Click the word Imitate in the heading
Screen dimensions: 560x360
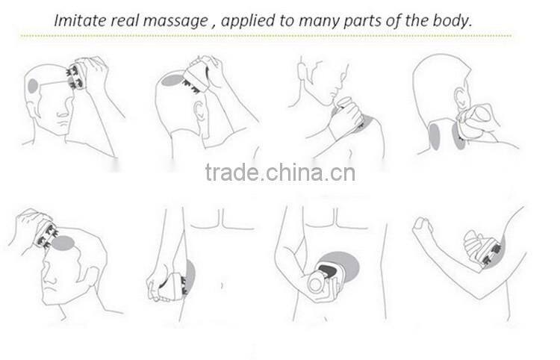click(80, 20)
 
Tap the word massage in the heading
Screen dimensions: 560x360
click(175, 21)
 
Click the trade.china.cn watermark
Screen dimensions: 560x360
click(280, 172)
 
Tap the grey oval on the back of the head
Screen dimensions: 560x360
click(33, 87)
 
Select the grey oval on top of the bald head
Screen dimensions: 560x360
click(172, 80)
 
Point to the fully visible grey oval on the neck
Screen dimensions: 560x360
click(435, 136)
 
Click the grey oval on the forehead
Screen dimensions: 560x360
click(63, 243)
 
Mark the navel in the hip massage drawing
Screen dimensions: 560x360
click(223, 285)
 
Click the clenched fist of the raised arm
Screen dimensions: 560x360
click(422, 226)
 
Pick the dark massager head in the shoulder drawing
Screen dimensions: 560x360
click(360, 123)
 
